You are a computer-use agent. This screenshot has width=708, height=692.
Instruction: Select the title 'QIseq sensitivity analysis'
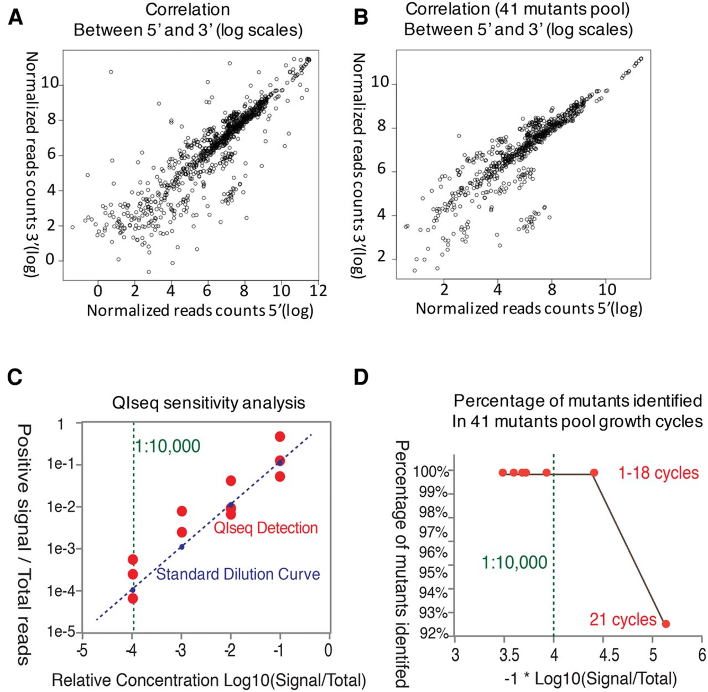click(x=209, y=402)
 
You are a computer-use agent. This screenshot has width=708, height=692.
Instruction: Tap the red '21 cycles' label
click(x=622, y=619)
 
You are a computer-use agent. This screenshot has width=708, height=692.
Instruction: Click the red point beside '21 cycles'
click(x=665, y=623)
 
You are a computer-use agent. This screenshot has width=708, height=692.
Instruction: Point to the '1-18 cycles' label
click(x=659, y=473)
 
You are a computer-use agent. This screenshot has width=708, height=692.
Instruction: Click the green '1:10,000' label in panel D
click(x=514, y=563)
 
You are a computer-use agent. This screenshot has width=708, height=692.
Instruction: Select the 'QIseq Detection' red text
click(x=265, y=528)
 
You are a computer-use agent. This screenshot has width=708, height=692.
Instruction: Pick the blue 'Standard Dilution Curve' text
click(x=238, y=574)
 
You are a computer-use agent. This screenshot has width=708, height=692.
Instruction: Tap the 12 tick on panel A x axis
click(x=318, y=291)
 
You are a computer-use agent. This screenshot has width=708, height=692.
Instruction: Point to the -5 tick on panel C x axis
click(x=82, y=650)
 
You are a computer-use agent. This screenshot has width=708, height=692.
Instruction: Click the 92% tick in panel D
click(x=434, y=632)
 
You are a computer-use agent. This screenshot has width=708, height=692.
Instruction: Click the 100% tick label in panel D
click(x=432, y=472)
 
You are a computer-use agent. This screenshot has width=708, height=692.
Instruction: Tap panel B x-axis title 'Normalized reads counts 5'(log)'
click(x=529, y=308)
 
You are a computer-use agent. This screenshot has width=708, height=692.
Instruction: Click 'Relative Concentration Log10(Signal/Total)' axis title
click(x=209, y=680)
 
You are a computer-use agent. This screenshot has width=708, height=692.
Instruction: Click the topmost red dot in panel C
click(x=280, y=437)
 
